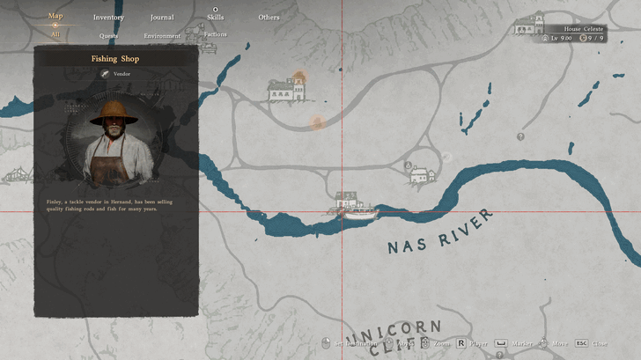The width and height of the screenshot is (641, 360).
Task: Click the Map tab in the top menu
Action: click(55, 16)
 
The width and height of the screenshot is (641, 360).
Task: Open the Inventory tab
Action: click(108, 18)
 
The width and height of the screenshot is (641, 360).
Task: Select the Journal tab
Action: click(162, 18)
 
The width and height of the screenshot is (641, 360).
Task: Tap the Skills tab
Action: click(215, 18)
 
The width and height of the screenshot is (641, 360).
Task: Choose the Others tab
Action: click(269, 18)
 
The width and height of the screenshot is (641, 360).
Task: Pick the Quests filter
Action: click(109, 36)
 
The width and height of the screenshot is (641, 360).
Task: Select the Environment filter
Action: click(162, 36)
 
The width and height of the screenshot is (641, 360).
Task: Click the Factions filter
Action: click(215, 35)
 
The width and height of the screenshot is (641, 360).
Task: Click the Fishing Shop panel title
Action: click(115, 59)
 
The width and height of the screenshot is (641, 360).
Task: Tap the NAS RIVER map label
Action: click(439, 233)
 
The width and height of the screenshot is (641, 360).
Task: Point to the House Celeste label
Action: click(584, 29)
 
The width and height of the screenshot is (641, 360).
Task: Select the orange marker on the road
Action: click(317, 123)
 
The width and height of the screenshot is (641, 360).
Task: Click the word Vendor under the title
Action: click(122, 74)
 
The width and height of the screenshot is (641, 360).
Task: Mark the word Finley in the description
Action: click(55, 202)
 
